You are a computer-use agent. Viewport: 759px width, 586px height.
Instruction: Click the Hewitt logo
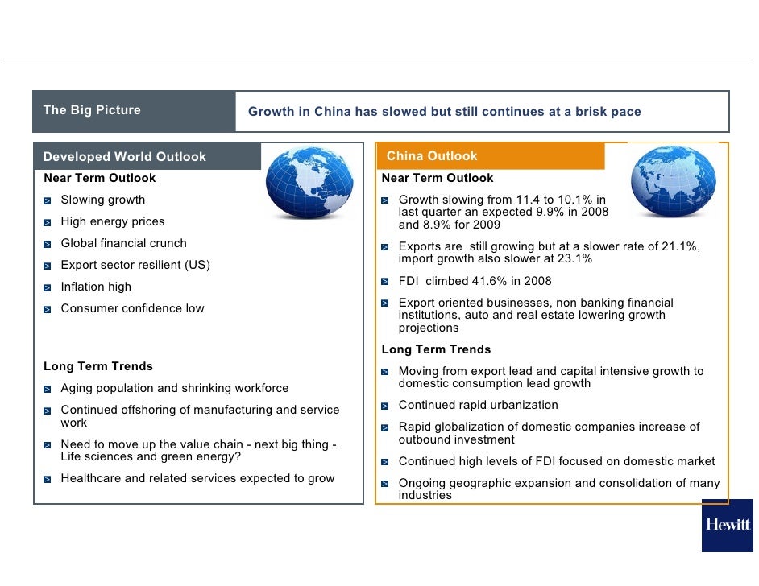point(727,525)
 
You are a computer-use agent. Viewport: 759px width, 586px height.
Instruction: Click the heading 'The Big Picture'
point(92,110)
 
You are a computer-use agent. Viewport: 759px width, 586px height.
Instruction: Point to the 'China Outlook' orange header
point(432,156)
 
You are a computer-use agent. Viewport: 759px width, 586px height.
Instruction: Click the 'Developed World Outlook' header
point(125,157)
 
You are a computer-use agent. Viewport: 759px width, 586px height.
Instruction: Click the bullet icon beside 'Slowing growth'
point(48,200)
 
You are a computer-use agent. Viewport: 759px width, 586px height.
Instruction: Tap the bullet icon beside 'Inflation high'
point(48,287)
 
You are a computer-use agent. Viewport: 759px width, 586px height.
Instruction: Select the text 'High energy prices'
point(113,221)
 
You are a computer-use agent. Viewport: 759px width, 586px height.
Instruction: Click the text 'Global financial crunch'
point(123,243)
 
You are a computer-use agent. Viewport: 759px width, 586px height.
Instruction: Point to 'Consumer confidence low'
point(132,308)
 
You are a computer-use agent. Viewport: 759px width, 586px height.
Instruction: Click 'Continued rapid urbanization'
point(478,405)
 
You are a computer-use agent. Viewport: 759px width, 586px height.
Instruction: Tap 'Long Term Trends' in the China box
point(436,350)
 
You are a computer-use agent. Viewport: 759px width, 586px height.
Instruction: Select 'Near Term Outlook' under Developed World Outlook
point(99,178)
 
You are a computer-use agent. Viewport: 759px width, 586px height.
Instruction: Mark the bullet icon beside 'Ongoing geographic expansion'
point(386,485)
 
